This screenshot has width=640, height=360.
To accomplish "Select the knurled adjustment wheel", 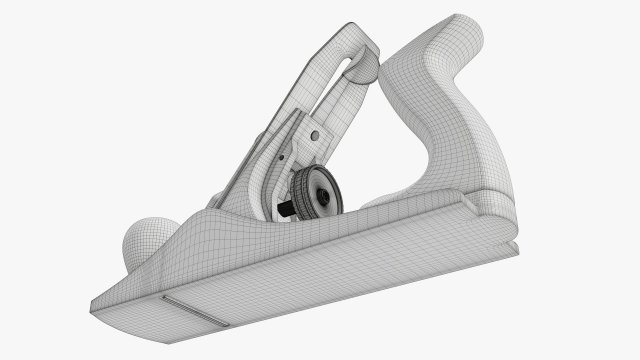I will click(x=313, y=191).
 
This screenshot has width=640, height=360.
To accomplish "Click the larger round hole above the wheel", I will click(x=314, y=133).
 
